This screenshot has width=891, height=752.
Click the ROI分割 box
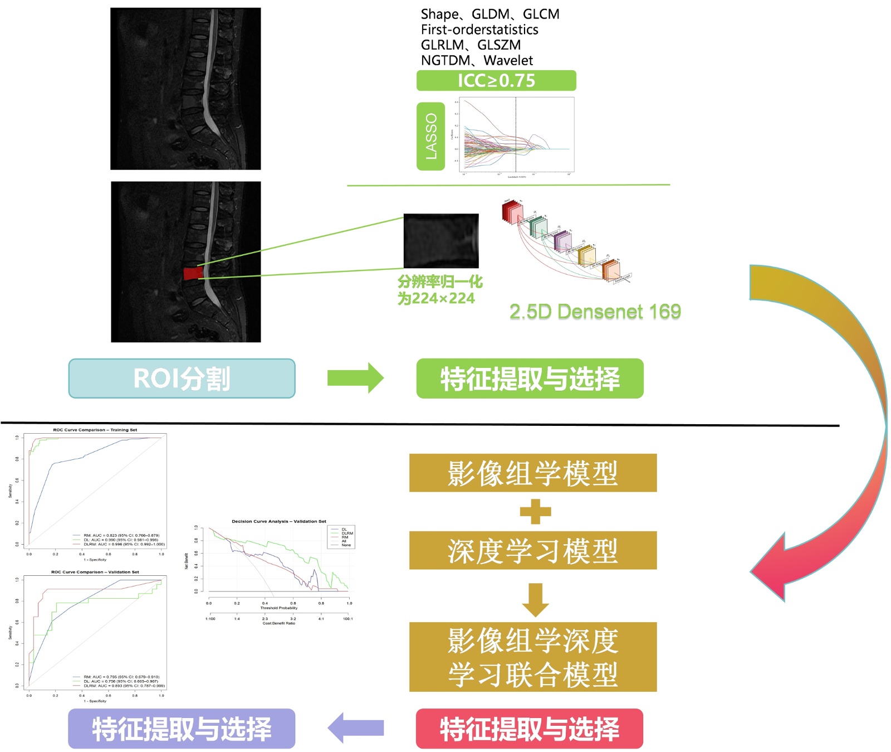point(182,379)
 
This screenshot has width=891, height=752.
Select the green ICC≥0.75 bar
point(496,81)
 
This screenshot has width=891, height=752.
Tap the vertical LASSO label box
point(430,136)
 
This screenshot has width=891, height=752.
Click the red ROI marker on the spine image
point(193,273)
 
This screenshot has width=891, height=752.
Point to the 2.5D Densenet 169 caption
point(595,312)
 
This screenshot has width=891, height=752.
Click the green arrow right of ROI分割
point(355,378)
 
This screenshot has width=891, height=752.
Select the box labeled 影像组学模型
point(533,473)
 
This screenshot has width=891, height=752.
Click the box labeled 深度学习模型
point(533,550)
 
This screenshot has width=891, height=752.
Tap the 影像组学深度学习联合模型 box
point(533,657)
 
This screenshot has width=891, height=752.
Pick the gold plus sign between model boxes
point(535,512)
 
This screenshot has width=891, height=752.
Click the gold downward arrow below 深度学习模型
point(535,600)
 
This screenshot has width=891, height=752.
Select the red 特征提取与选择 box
point(530,729)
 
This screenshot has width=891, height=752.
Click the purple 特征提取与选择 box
point(182,729)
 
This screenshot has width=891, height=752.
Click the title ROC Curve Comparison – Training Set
point(95,430)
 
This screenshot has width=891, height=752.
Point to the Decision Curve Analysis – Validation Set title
point(278,521)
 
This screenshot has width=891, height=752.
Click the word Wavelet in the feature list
point(508,60)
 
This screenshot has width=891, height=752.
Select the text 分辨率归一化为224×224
point(439,290)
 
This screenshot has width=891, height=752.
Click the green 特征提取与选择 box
point(530,379)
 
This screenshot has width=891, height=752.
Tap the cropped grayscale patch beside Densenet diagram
point(441,241)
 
